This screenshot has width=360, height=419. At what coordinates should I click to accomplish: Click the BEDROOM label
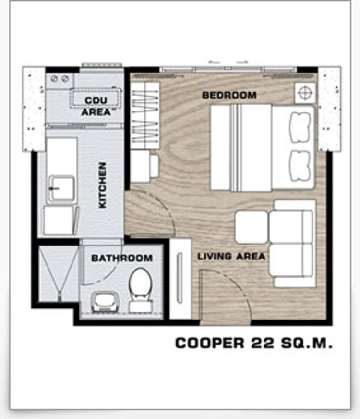click(x=229, y=95)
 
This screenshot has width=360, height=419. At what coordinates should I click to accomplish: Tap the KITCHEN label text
click(x=102, y=185)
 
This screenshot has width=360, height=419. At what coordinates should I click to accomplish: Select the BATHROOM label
click(x=122, y=258)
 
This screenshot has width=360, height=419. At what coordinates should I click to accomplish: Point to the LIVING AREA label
click(x=231, y=257)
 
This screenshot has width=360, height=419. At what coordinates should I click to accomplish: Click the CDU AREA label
click(x=96, y=106)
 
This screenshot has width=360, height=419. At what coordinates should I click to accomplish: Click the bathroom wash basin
click(x=105, y=302)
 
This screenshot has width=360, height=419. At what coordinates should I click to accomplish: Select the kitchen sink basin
click(x=61, y=189)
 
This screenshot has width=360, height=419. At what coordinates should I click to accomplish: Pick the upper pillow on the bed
click(x=300, y=127)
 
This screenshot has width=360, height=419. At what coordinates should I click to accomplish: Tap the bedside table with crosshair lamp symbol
click(x=305, y=93)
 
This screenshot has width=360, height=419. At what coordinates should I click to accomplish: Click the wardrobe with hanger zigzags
click(x=145, y=115)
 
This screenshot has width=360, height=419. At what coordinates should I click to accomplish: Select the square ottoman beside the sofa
click(x=251, y=227)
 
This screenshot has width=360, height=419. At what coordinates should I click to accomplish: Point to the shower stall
click(x=59, y=273)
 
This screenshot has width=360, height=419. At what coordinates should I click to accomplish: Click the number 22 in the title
click(x=263, y=343)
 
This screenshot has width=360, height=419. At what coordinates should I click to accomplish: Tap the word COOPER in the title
click(x=209, y=343)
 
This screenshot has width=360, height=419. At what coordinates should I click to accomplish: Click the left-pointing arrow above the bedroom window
click(x=214, y=62)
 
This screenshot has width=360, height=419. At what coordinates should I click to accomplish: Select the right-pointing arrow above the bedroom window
click(x=242, y=62)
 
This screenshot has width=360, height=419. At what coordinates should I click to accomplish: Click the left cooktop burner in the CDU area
click(x=54, y=79)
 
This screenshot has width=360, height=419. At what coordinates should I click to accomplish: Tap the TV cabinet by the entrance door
click(x=180, y=278)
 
